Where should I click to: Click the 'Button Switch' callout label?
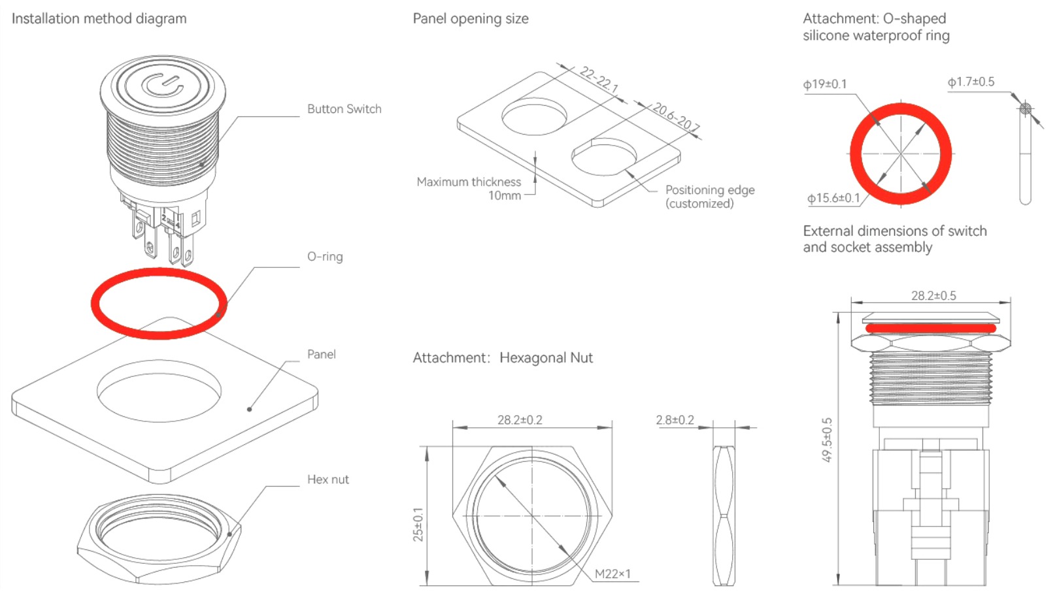click(x=344, y=109)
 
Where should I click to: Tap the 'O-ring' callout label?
click(x=325, y=257)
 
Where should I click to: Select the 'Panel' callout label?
click(x=321, y=354)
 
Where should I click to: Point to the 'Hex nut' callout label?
click(x=327, y=480)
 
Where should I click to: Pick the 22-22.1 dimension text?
click(x=599, y=80)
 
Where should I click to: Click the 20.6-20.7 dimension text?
click(x=676, y=117)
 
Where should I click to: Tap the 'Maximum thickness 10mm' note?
click(x=469, y=188)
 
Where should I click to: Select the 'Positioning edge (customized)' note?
click(x=709, y=196)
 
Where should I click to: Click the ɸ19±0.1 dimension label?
click(x=824, y=84)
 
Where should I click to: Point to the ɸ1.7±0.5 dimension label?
click(x=971, y=82)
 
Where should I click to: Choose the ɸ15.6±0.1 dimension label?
click(x=833, y=198)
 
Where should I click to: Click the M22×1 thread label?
click(x=612, y=574)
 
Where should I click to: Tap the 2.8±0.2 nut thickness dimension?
click(x=675, y=420)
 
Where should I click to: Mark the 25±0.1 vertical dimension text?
click(x=418, y=524)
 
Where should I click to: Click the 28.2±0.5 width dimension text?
click(x=933, y=296)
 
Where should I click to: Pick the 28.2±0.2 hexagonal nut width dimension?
click(x=520, y=420)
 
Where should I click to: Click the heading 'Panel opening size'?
click(x=471, y=19)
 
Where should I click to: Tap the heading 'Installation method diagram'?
click(x=99, y=19)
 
